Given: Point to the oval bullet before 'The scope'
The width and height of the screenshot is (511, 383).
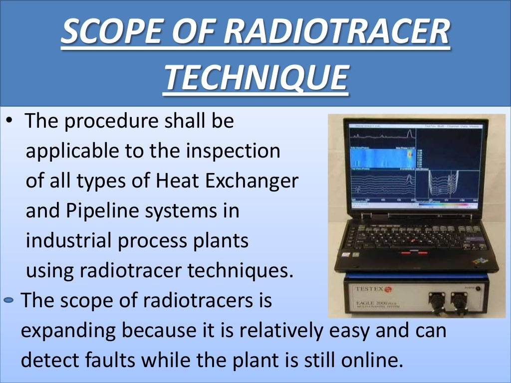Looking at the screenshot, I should click(x=9, y=300).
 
